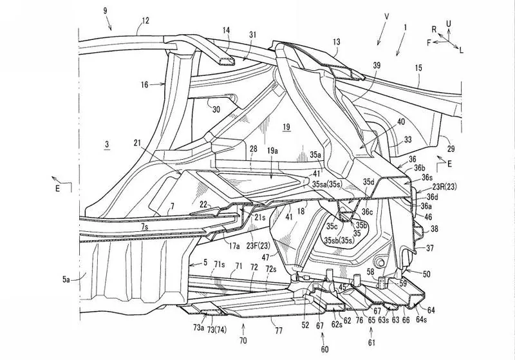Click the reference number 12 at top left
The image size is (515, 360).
coord(145,21)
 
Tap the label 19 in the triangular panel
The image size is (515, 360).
coord(286,126)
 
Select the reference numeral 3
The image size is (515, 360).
coord(107,144)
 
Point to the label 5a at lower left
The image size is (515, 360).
coord(67,279)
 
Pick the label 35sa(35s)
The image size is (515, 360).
coord(328,184)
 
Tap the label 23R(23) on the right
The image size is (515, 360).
coord(444,187)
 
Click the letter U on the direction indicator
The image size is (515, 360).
coord(448,24)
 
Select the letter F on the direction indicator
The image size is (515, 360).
coord(429,43)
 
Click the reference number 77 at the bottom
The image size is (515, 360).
coord(279,330)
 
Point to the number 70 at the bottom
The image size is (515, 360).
coord(243,340)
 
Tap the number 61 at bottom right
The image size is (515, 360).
coord(371,343)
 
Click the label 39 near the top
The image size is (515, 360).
coord(377,65)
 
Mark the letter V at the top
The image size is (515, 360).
coord(386,17)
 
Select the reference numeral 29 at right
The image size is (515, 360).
coord(451,149)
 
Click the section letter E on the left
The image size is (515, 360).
coord(57,189)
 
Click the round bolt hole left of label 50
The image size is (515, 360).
coord(381,262)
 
